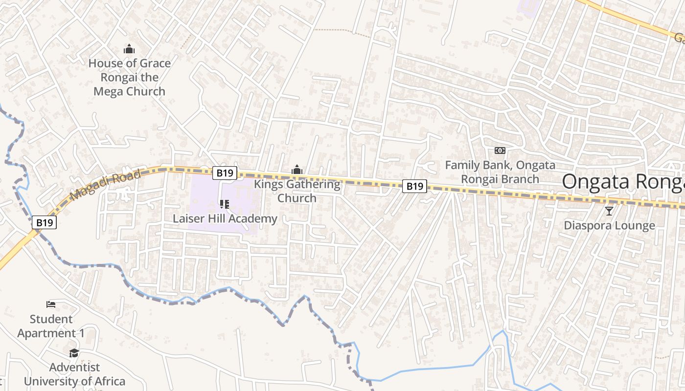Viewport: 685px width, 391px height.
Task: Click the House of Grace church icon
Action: pos(129,49)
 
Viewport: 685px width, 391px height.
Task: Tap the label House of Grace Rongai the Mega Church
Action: pos(130,77)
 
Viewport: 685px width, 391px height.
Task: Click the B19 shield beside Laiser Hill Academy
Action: pos(225,173)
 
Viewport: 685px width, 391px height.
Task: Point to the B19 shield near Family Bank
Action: pos(414,186)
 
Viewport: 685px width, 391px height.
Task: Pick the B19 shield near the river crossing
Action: pos(45,222)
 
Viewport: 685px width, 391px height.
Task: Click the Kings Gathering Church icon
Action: pos(297,170)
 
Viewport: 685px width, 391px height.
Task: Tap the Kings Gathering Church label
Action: pos(297,191)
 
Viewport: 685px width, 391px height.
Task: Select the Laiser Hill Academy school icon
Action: pos(225,204)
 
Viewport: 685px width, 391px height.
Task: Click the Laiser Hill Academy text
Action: pos(225,218)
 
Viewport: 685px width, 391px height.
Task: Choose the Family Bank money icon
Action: pos(500,151)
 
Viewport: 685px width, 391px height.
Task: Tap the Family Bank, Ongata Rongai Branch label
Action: pos(500,172)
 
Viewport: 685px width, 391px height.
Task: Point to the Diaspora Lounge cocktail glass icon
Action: pos(609,211)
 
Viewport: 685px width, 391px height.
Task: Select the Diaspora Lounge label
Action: pos(609,225)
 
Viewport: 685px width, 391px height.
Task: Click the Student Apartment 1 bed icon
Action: pos(51,304)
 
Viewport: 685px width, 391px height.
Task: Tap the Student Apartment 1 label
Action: pos(51,326)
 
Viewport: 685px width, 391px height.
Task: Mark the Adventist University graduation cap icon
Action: pos(74,353)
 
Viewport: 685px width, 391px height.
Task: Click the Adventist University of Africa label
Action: pos(74,374)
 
